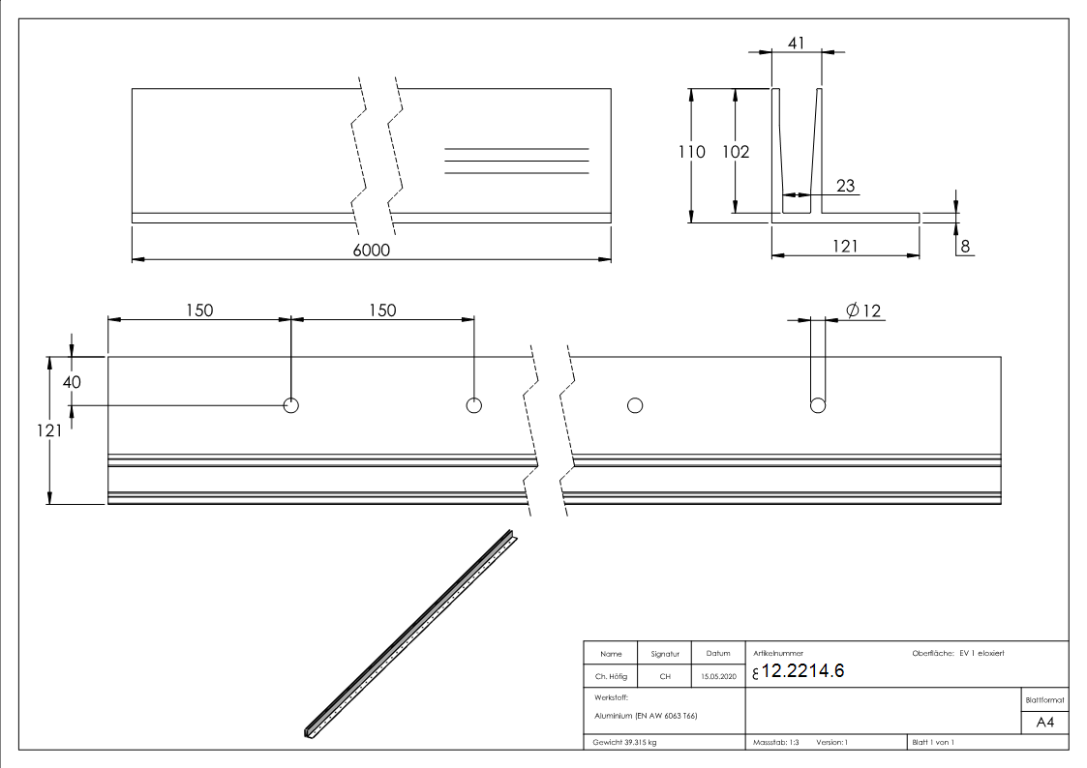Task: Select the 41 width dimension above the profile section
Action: pos(796,43)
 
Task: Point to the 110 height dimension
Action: pos(691,152)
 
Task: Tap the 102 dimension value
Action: pos(736,152)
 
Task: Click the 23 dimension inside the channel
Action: pos(845,186)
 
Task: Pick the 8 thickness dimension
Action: pos(964,246)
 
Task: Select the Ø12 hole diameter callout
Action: pos(863,310)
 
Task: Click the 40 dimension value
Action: pos(72,382)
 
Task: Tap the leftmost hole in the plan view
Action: pos(290,405)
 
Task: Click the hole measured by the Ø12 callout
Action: pos(818,405)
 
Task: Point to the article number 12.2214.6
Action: pos(803,672)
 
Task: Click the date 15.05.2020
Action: pos(718,677)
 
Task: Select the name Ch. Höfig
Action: pos(611,677)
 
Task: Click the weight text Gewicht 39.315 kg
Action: pos(625,742)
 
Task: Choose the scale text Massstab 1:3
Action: pos(776,742)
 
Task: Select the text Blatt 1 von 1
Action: pos(932,742)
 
